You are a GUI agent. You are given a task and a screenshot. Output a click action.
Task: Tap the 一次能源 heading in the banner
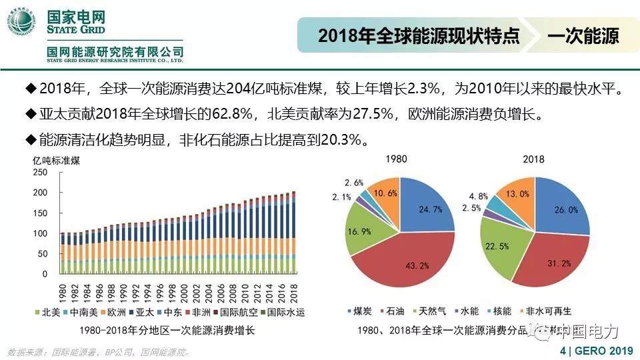coord(583,36)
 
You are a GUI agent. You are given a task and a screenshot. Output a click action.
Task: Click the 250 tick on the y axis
coord(40,173)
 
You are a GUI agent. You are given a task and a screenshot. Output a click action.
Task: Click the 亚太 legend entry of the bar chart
coord(147,312)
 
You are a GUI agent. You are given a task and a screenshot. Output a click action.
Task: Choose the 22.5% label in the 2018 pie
coord(513,246)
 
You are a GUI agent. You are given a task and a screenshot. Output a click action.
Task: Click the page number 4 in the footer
coord(563,351)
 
